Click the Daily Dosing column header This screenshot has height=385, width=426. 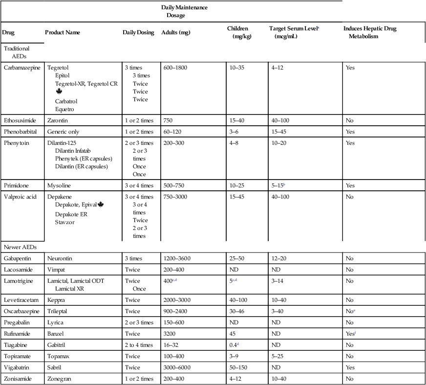click(x=138, y=33)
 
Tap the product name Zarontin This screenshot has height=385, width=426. click(x=58, y=120)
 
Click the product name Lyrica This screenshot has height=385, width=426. click(x=55, y=323)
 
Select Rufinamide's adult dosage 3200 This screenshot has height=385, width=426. click(x=169, y=334)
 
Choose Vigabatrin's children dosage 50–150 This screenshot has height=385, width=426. click(x=239, y=368)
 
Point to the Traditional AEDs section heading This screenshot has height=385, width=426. click(x=17, y=52)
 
